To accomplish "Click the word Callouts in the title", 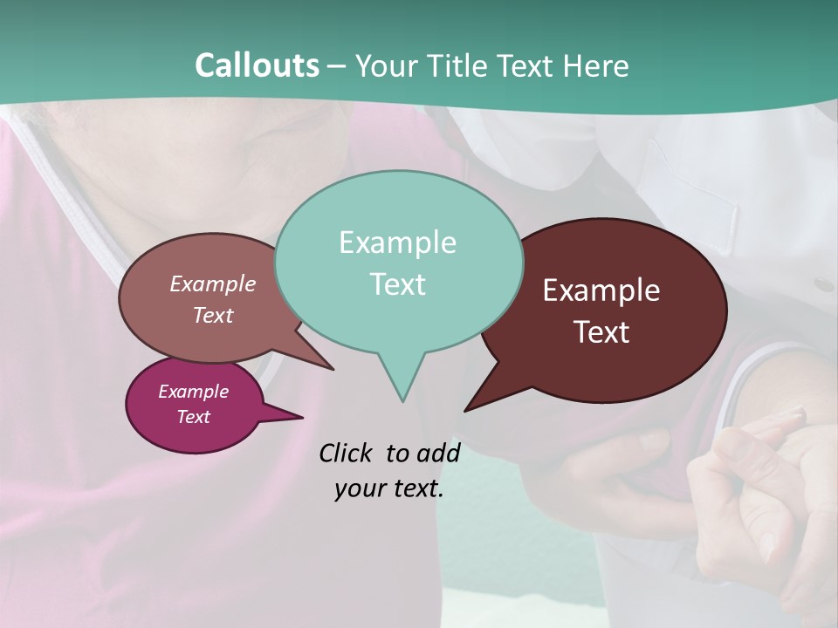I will point(257,65).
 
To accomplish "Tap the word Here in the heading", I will point(597,65).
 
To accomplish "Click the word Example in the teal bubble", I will point(397,242).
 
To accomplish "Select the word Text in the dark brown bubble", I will point(601,332).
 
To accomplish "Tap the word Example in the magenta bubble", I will point(193,392).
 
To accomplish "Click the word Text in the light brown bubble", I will point(213,316).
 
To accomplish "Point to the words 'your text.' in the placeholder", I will point(388,489).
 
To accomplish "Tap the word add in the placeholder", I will point(437,453).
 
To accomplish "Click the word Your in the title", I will point(387,65).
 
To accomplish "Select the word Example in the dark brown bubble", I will point(601,290).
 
